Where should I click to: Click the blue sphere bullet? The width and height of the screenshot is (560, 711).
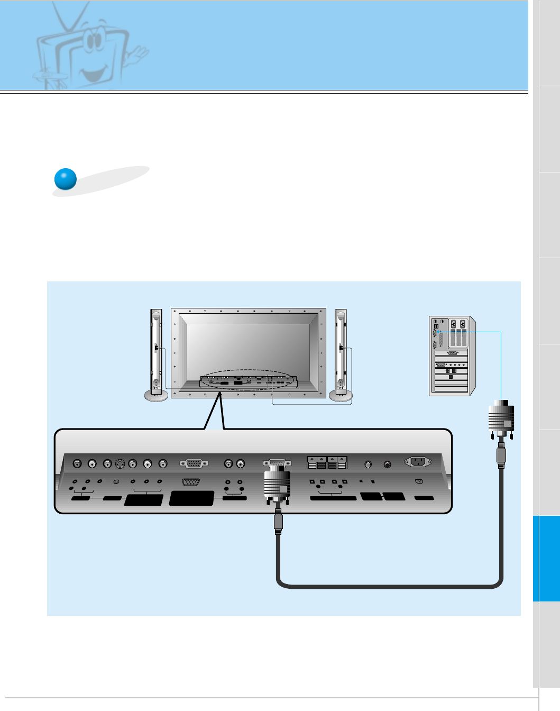click(66, 179)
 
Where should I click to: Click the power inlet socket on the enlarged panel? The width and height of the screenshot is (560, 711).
click(418, 462)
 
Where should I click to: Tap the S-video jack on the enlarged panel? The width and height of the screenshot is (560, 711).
click(120, 464)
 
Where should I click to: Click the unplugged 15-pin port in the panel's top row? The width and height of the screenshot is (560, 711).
click(194, 463)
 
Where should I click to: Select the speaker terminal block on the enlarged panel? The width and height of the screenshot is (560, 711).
click(327, 463)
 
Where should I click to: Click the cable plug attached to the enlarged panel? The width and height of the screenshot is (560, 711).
click(277, 484)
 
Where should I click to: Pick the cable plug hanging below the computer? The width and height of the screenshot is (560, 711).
click(501, 421)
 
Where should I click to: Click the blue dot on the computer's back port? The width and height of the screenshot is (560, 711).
click(438, 332)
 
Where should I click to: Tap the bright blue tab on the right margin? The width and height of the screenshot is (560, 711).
click(546, 559)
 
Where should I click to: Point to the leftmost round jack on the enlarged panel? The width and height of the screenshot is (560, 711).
click(77, 464)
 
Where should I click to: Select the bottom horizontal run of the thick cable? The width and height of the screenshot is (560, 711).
click(389, 585)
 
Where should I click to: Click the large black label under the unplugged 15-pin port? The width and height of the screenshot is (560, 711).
click(191, 498)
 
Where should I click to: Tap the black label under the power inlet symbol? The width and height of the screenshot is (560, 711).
click(424, 498)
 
